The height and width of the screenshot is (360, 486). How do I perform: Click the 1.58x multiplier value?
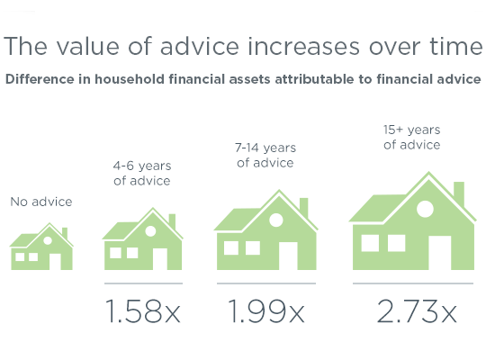143,311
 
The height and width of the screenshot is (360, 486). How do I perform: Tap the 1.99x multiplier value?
266,311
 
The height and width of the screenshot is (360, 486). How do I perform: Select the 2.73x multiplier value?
417,311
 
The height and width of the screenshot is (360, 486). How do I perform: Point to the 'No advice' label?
41,202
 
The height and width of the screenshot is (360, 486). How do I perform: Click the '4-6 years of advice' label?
142,174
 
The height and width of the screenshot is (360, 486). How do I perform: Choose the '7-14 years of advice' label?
265,156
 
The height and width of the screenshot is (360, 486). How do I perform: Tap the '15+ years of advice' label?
411,137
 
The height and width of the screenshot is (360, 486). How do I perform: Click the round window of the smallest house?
48,240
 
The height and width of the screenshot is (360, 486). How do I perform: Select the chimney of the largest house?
459,193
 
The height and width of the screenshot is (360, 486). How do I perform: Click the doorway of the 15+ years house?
439,252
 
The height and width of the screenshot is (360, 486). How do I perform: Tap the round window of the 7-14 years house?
276,220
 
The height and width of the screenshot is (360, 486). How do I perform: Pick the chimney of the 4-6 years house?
172,221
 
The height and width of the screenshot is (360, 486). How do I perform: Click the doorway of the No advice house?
55,262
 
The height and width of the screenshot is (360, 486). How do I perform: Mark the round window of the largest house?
425,209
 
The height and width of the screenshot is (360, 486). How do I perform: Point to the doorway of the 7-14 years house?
288,256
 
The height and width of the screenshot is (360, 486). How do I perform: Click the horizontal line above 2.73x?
413,283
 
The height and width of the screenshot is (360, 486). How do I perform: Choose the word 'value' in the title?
87,47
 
